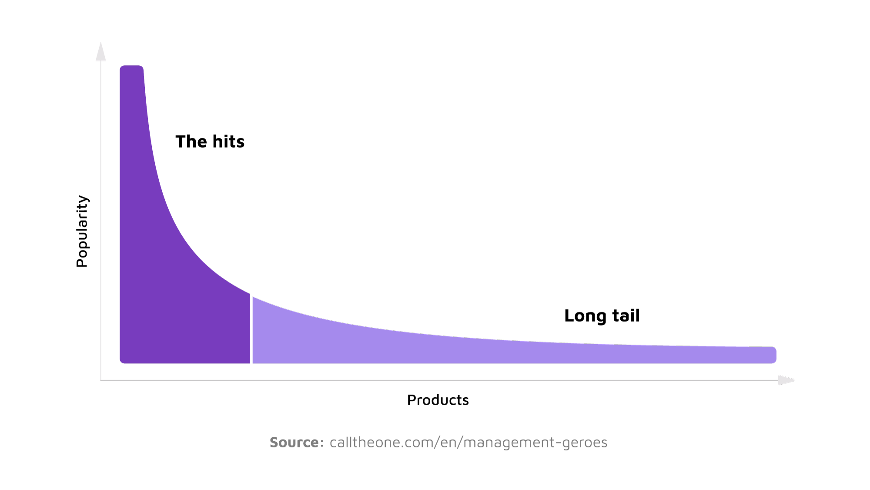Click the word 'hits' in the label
(x=228, y=142)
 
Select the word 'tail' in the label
(x=626, y=315)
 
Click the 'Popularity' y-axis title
(x=82, y=231)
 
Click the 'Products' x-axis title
(x=438, y=400)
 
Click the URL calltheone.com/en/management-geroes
(x=468, y=443)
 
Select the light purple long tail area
(x=435, y=348)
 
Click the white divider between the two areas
(x=251, y=331)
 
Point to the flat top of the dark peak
(x=131, y=67)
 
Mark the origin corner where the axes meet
(x=101, y=380)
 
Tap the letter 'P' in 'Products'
(x=411, y=400)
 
